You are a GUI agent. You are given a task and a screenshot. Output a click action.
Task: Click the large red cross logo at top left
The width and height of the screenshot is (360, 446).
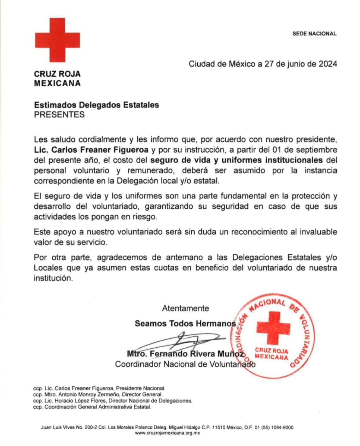coord(57,40)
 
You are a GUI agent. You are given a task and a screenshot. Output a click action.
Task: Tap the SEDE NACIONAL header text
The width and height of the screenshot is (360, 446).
coord(314,33)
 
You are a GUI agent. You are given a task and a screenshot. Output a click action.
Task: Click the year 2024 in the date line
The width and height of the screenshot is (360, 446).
coord(327,64)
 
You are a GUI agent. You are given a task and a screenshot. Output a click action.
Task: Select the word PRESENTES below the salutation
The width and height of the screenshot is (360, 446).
coord(59,114)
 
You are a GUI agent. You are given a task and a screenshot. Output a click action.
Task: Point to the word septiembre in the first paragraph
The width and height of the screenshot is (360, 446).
coord(317,149)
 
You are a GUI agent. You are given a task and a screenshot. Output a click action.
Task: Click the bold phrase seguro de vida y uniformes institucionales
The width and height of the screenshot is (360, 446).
coord(236,160)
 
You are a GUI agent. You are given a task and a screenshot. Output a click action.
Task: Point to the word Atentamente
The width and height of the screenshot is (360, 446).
coord(185,308)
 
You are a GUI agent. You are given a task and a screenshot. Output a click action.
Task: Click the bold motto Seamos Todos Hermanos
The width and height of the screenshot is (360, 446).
coord(185,323)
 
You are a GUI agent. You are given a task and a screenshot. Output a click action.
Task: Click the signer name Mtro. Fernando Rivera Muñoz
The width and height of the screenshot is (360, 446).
coord(185,354)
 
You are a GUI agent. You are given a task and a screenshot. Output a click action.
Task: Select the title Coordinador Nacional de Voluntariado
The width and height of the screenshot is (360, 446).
coord(185,364)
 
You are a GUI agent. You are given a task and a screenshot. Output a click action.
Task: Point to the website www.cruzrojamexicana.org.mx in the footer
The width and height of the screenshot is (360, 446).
coord(167,433)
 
